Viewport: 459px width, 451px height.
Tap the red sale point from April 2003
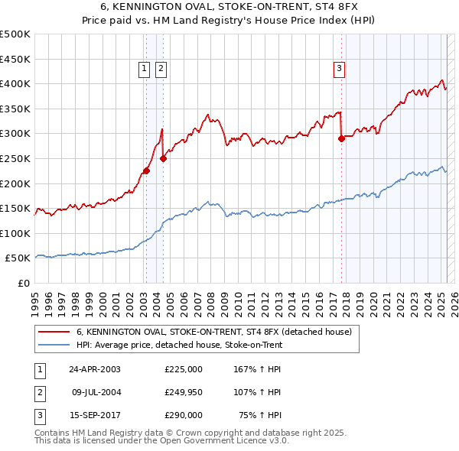[x=146, y=171]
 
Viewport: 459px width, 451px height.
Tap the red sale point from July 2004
[x=163, y=159]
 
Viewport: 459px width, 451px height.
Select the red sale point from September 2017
[x=341, y=138]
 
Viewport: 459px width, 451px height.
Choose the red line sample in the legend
[x=53, y=332]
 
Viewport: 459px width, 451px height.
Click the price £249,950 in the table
[x=183, y=392]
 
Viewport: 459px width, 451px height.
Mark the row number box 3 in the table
[x=39, y=415]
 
